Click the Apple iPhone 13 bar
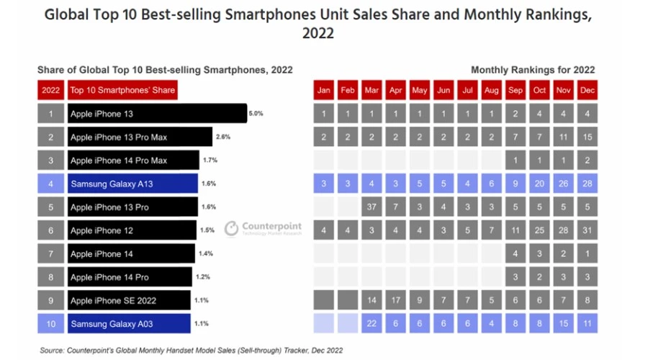coord(157,114)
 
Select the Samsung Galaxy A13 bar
coord(132,184)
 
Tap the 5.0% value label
coord(256,114)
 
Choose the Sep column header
coord(516,90)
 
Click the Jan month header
coord(325,90)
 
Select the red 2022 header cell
coord(50,90)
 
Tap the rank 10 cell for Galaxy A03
coord(50,324)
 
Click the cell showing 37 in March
coord(372,207)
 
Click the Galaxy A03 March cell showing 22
coord(372,324)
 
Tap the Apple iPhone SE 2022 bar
coord(130,300)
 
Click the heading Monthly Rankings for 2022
coord(532,70)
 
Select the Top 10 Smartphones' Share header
coord(122,90)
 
